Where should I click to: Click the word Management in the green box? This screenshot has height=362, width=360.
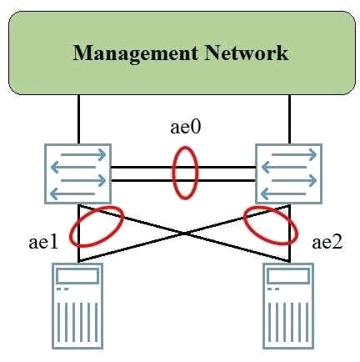(136, 54)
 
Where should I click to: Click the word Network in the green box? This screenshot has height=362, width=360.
(247, 53)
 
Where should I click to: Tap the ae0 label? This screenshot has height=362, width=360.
(185, 128)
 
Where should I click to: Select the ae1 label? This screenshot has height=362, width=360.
(43, 242)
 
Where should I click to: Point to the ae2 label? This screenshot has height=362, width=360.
(327, 242)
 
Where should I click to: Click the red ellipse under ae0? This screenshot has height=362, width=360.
(173, 173)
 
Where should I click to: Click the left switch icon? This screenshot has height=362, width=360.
(78, 173)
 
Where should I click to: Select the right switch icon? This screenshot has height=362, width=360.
(289, 173)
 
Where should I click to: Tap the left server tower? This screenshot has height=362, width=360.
(77, 306)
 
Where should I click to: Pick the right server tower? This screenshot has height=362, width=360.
(288, 306)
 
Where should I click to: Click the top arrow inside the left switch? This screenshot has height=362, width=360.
(83, 154)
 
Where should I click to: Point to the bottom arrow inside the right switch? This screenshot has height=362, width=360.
(284, 194)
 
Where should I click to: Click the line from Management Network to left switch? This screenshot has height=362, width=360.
(78, 119)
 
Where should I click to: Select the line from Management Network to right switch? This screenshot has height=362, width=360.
(290, 119)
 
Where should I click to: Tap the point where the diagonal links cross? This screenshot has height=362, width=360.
(184, 234)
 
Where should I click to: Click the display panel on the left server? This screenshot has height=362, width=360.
(77, 276)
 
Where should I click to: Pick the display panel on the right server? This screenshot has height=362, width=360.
(288, 276)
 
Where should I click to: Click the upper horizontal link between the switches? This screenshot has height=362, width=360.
(183, 168)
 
